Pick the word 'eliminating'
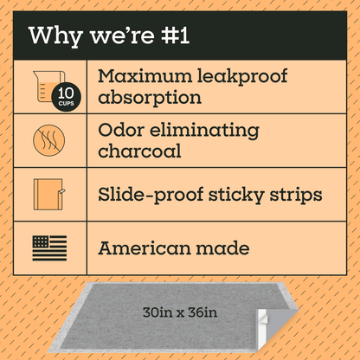click(205, 130)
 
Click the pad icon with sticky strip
click(49, 194)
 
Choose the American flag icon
click(48, 247)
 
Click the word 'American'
click(148, 248)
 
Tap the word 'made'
click(226, 248)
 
